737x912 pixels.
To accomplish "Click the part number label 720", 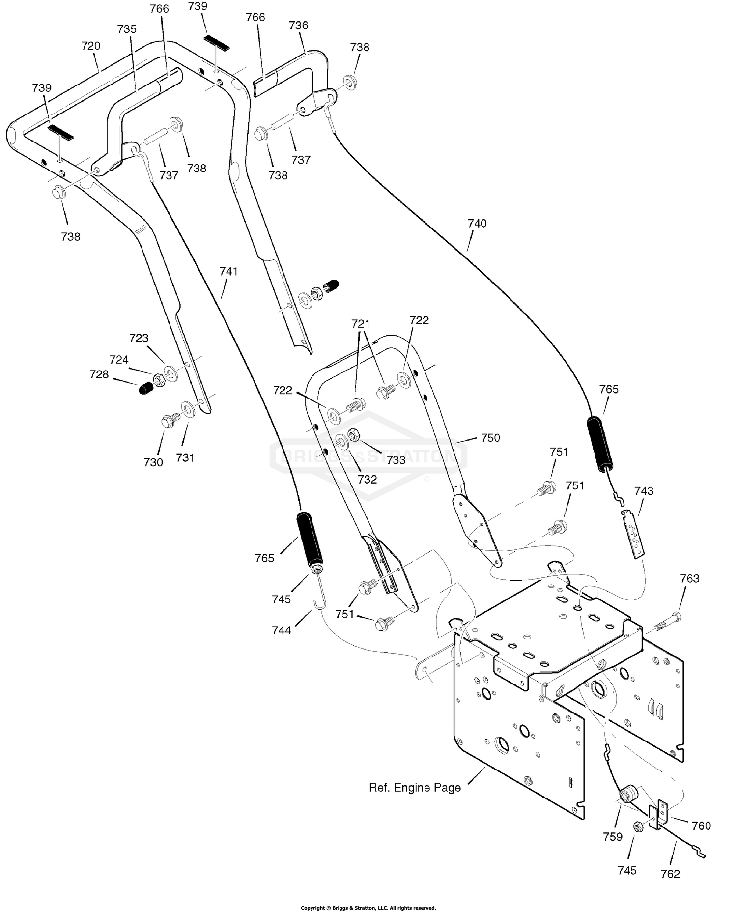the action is click(91, 46).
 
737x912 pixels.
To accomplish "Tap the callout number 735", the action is click(127, 29).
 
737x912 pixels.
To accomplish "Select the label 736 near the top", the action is click(299, 26).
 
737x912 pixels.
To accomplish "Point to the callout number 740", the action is click(477, 224).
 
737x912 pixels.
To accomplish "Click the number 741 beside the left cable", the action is click(228, 272).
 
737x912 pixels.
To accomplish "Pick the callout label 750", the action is click(490, 438).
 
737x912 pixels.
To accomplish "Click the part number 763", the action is click(690, 579).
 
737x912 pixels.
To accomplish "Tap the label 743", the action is click(644, 491).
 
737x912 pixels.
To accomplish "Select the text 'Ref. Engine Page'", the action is click(415, 788).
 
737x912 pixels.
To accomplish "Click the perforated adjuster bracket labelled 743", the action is click(632, 534).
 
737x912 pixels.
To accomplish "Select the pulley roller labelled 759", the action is click(628, 795).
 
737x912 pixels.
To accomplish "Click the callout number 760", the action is click(701, 826).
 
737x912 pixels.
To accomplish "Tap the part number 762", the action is click(670, 874).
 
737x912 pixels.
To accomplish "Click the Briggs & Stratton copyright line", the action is click(368, 908).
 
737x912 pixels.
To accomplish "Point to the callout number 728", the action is click(99, 375).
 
